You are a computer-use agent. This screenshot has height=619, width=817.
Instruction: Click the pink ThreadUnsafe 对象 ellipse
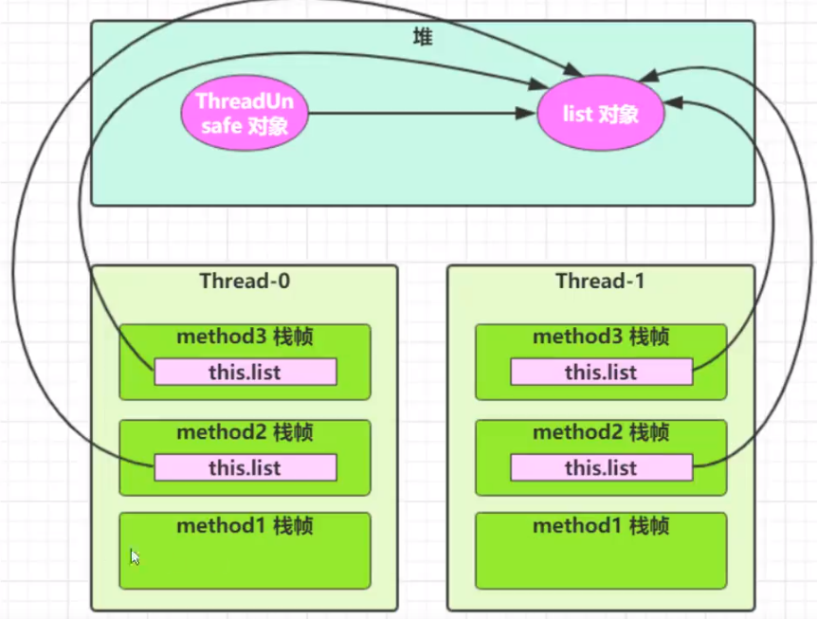click(245, 113)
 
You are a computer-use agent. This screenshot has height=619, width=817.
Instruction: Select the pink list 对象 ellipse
click(600, 114)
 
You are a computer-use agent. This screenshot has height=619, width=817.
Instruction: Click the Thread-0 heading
click(245, 281)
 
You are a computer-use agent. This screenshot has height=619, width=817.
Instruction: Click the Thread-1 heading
click(600, 281)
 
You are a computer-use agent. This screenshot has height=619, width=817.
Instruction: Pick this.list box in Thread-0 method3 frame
click(245, 373)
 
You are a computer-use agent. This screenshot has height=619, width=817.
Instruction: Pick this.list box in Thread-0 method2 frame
click(245, 467)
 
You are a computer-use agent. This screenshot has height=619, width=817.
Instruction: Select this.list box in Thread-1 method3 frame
click(600, 373)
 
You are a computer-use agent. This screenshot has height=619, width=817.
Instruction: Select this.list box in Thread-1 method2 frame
click(600, 467)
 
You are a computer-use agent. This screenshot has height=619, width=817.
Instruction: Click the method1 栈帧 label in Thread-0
click(245, 526)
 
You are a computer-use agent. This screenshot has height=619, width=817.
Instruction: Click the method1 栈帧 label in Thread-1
click(600, 526)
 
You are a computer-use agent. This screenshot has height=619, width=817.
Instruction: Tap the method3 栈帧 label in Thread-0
click(245, 337)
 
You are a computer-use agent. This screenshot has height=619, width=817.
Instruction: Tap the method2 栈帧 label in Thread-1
click(600, 432)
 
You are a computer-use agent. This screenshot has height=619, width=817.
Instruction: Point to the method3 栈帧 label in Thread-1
click(600, 337)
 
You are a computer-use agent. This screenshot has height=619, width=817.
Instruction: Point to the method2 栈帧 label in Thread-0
click(245, 432)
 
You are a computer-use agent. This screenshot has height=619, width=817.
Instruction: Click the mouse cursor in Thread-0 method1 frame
click(135, 557)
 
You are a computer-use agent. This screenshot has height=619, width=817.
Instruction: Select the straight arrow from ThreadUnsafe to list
click(417, 114)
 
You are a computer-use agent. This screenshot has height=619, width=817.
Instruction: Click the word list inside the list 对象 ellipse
click(578, 114)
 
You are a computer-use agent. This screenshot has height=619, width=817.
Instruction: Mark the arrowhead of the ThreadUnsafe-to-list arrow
click(529, 114)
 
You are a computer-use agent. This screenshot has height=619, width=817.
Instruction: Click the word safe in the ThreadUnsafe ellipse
click(221, 125)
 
